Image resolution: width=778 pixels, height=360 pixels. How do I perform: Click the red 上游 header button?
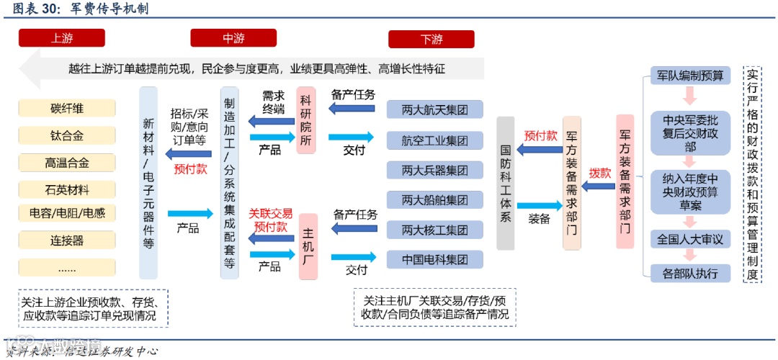point(62,38)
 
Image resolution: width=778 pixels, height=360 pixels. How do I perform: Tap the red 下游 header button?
point(431,39)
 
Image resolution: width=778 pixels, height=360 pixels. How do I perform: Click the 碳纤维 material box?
point(67,109)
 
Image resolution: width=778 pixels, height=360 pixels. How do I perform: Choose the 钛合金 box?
point(67,135)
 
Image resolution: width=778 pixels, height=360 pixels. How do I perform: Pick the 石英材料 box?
point(67,190)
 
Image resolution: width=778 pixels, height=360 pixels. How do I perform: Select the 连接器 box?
point(67,240)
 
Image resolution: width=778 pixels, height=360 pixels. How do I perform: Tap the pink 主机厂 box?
point(308,246)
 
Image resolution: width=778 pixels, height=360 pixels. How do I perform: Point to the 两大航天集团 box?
point(434,109)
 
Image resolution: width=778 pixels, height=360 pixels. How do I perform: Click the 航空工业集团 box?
point(434,140)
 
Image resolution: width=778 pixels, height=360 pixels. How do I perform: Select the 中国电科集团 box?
point(434,259)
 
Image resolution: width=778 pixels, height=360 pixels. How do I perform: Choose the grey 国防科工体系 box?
point(506,183)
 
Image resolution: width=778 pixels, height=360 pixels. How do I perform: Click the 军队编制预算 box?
point(690,75)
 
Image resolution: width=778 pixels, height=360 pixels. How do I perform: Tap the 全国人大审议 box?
point(690,239)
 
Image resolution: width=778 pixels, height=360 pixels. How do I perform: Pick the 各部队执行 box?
point(690,274)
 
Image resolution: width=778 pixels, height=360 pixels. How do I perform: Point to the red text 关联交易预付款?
point(271,220)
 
